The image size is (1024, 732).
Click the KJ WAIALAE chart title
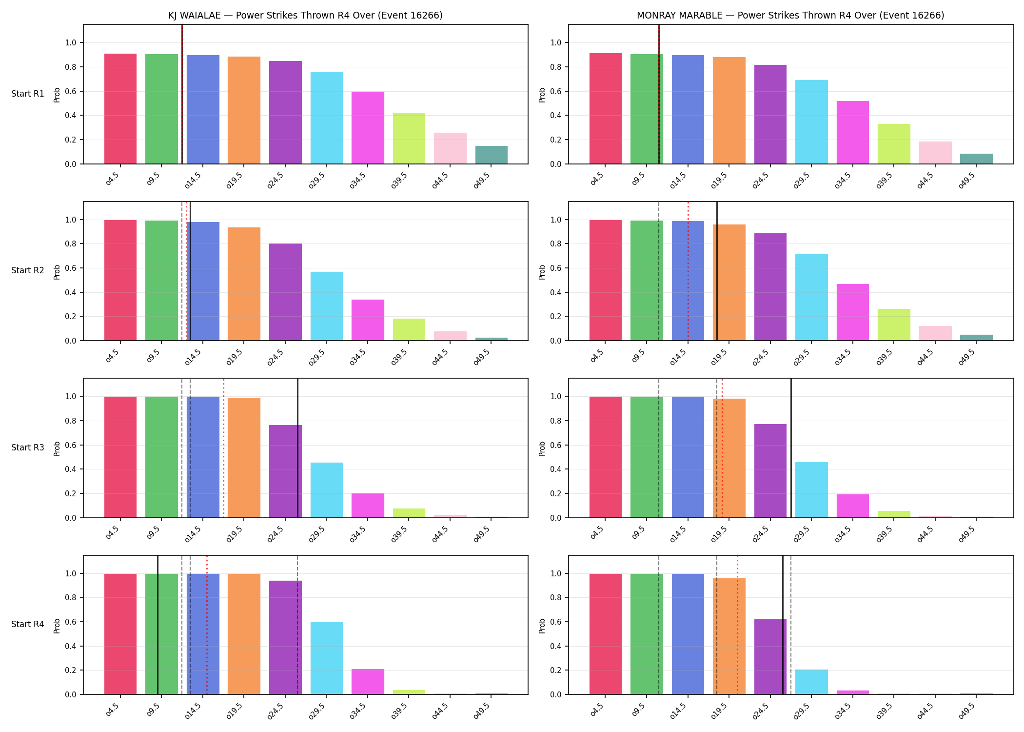[x=305, y=15]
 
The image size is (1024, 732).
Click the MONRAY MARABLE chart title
[x=790, y=15]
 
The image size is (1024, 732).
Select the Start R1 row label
[x=28, y=94]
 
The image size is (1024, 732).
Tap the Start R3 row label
[x=28, y=447]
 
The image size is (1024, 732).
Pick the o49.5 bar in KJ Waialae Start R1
[x=492, y=155]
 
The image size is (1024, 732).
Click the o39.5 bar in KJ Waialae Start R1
[x=409, y=139]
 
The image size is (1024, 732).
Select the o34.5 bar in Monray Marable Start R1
[x=853, y=132]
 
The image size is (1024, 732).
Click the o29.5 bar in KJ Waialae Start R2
[x=327, y=306]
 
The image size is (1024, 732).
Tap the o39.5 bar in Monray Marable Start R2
[x=894, y=325]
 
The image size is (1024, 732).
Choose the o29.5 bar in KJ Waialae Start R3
[x=327, y=490]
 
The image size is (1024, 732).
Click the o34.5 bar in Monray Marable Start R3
[x=853, y=506]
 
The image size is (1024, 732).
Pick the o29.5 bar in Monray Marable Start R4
[x=811, y=682]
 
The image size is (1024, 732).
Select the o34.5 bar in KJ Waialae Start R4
[x=368, y=682]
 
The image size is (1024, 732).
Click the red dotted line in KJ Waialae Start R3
[x=223, y=448]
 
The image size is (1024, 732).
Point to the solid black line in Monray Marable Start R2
[x=717, y=271]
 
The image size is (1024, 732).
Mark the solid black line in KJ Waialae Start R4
[x=158, y=625]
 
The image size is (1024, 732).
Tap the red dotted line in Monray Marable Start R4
[x=737, y=625]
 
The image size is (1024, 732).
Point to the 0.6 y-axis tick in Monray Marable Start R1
[x=556, y=91]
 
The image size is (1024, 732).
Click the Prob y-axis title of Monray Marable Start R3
[x=542, y=448]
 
